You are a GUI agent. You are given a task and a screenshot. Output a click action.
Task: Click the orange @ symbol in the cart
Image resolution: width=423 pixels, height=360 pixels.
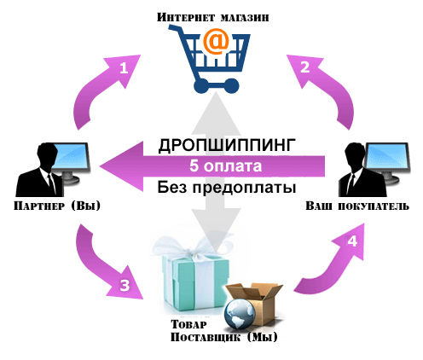216,42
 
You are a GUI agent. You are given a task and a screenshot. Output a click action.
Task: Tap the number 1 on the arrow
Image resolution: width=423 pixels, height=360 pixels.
124,68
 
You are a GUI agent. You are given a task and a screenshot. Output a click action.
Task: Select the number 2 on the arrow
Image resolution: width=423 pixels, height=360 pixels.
305,67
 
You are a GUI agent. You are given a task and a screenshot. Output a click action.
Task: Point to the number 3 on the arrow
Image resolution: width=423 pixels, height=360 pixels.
125,285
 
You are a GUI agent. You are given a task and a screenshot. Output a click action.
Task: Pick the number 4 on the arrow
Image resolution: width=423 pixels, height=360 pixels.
352,241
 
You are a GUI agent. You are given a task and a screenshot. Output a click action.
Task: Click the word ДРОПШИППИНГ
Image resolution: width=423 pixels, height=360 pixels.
227,145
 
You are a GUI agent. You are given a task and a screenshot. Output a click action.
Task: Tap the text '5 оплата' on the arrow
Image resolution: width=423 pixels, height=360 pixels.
225,165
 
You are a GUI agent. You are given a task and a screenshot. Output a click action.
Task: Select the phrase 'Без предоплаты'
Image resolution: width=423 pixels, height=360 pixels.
227,187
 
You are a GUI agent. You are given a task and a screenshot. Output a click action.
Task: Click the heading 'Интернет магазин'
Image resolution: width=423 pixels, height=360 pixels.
212,17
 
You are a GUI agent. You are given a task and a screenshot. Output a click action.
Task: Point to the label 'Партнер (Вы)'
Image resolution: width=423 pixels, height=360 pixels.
57,206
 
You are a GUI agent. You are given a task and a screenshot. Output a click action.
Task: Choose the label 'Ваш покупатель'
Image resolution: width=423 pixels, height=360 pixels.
357,206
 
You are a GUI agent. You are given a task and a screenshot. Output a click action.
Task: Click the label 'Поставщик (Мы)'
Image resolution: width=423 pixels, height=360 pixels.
223,338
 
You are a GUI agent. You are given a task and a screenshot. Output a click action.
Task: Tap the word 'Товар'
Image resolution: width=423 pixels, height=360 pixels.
188,324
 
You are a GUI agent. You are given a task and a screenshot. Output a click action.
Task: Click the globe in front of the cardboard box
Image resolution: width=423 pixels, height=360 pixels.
240,313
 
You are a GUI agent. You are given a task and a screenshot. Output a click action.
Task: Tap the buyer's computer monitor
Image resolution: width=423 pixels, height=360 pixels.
387,160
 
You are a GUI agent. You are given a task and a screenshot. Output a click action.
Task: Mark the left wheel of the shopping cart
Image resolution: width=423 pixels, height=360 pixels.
200,85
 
